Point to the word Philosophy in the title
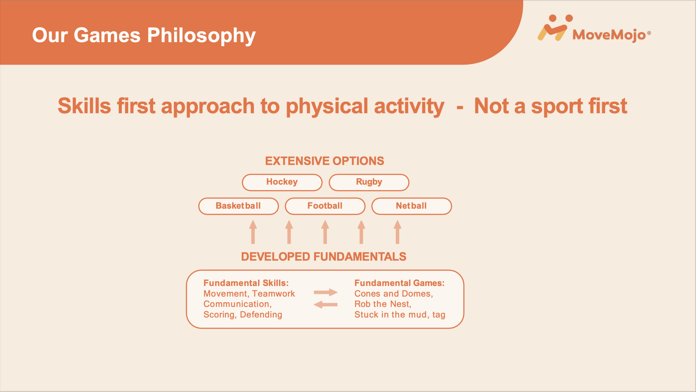tap(201, 36)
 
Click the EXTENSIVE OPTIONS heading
tap(325, 161)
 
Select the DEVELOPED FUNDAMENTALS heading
tap(324, 257)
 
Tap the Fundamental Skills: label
tap(246, 283)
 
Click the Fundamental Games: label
tap(399, 283)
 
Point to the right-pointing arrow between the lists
tap(325, 293)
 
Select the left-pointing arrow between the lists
tap(325, 305)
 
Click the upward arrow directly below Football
tap(325, 232)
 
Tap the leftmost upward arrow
tap(253, 232)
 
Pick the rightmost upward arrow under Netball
tap(397, 232)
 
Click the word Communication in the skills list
tap(236, 304)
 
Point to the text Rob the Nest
tap(382, 304)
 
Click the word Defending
tap(261, 315)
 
